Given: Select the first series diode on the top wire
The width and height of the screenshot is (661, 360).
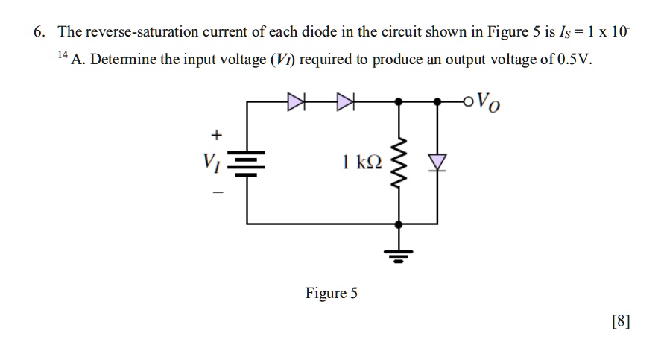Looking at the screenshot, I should tap(297, 100).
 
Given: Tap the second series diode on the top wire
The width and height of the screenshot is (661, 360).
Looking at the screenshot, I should tap(347, 100).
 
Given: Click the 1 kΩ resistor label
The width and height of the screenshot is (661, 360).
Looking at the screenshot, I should tap(361, 161).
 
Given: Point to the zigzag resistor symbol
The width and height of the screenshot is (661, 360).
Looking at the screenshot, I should tap(399, 163).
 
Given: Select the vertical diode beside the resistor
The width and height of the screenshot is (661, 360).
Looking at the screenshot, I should tap(438, 163).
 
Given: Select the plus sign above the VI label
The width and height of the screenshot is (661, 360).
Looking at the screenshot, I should tap(216, 135).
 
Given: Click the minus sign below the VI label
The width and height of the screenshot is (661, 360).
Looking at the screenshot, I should tap(216, 192).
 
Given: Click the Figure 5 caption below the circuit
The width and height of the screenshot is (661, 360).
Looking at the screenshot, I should tap(331, 293).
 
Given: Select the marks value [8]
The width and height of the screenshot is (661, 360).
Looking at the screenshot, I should tap(620, 321).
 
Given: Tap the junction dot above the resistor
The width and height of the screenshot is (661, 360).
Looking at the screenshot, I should tap(399, 100).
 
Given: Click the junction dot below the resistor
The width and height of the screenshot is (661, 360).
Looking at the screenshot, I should tap(399, 223).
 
